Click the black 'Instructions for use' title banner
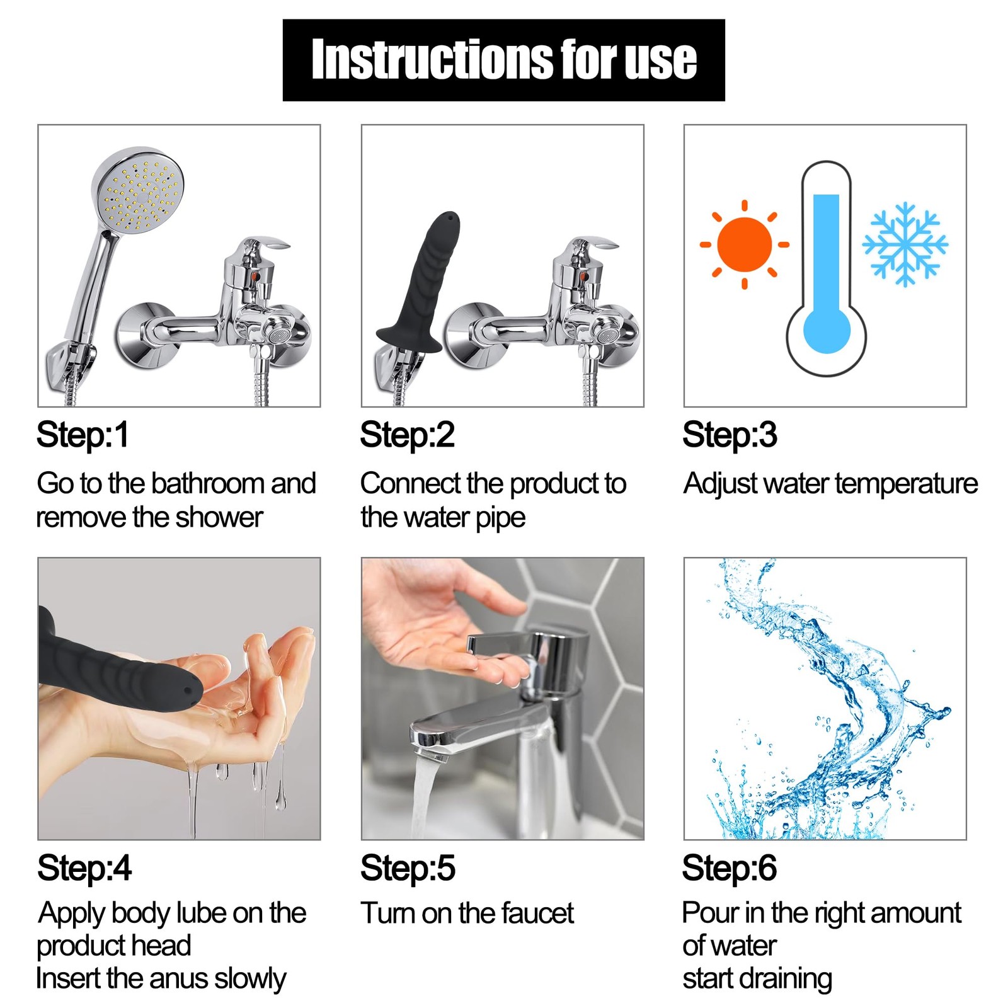(x=503, y=60)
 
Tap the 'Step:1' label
(x=83, y=435)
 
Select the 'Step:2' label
(x=407, y=435)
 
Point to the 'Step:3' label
(x=730, y=435)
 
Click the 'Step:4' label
(x=84, y=868)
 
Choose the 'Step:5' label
(x=408, y=868)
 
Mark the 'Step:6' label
(x=730, y=868)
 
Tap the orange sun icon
(x=745, y=244)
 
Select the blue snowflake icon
(x=905, y=244)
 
